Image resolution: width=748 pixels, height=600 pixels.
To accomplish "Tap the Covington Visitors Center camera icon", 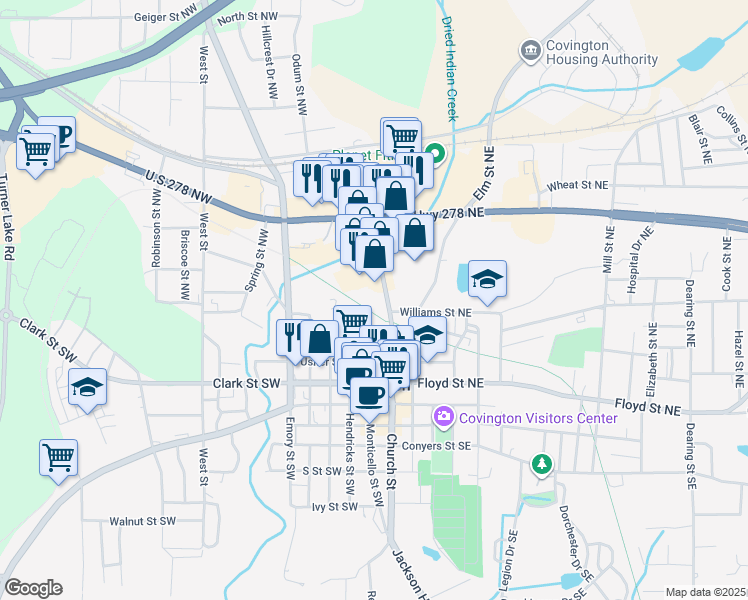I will (442, 415).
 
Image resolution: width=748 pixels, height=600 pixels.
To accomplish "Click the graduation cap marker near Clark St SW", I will (87, 386).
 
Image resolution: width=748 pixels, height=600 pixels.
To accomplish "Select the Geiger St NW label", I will (162, 17).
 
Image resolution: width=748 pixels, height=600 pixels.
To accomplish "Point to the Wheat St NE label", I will (578, 185).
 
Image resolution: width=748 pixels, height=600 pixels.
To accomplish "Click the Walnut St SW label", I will (143, 521).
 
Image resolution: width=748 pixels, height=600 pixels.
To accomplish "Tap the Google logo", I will (33, 587).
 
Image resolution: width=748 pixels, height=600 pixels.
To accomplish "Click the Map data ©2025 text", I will (705, 592).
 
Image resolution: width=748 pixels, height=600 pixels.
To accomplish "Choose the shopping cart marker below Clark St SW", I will (59, 458).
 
